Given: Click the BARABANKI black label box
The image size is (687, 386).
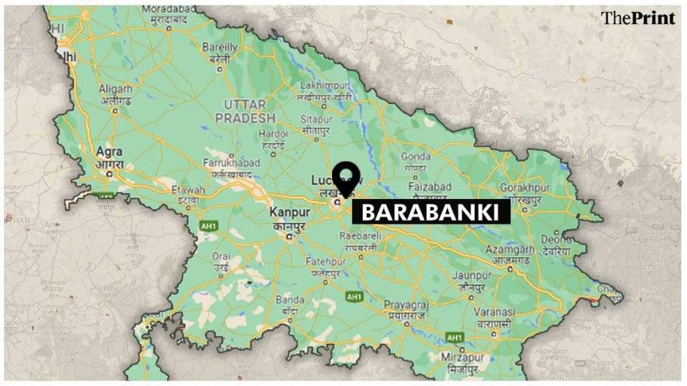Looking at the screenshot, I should coord(431,213).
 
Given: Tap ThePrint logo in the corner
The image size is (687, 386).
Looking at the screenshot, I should coord(637,18).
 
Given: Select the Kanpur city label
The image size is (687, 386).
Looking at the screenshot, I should coord(289,212).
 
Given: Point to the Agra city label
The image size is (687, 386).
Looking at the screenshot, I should coord(109,151).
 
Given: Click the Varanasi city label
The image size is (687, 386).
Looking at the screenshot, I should coord(495,312).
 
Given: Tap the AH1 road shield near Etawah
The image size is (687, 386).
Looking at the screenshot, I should coord(207,226).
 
